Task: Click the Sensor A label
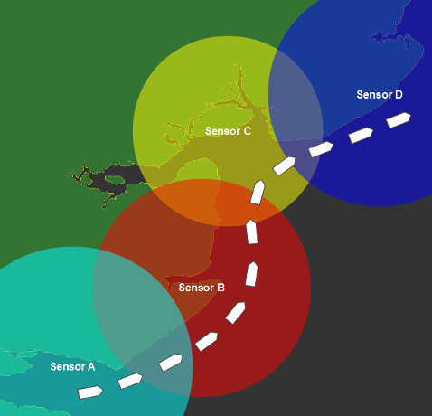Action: pyautogui.click(x=72, y=366)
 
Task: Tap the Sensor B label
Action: pyautogui.click(x=202, y=288)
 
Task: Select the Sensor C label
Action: pyautogui.click(x=228, y=131)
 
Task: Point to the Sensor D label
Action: pyautogui.click(x=380, y=95)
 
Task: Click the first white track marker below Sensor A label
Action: pyautogui.click(x=90, y=392)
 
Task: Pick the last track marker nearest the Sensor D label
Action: pyautogui.click(x=399, y=120)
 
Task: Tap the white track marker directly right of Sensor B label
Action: pyautogui.click(x=251, y=274)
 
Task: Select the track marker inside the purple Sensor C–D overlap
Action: pyautogui.click(x=284, y=165)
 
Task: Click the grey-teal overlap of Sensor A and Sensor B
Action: pyautogui.click(x=142, y=319)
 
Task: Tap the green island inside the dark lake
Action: pyautogui.click(x=115, y=180)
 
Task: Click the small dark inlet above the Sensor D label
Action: pyautogui.click(x=380, y=37)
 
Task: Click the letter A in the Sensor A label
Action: pyautogui.click(x=91, y=366)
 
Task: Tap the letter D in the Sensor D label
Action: pyautogui.click(x=399, y=95)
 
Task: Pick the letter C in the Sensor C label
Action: pyautogui.click(x=247, y=131)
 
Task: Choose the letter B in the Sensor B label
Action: pyautogui.click(x=221, y=288)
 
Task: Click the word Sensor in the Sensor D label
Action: pyautogui.click(x=374, y=95)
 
